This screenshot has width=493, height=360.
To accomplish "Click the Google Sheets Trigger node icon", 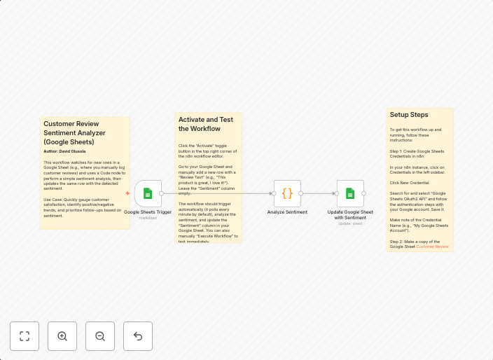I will coord(148,193).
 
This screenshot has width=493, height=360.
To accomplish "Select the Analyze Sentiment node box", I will coord(287,193).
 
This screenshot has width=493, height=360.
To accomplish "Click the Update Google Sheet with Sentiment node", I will coord(350,193).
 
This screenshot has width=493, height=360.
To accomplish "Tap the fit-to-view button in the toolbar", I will coord(25,336).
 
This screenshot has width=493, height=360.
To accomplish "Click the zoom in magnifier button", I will coord(62,336).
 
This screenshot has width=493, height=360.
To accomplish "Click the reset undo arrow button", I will coord(138,336).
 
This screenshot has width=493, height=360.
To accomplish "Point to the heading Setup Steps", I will coord(409,115).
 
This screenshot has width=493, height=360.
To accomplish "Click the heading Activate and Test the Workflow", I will coord(206,124).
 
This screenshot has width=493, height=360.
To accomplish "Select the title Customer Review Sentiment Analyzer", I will coord(75,132).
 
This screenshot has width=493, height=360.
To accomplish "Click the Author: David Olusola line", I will coord(64,151).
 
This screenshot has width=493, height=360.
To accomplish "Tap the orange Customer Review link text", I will coord(432,247).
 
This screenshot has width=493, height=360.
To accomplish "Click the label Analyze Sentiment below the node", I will coord(287,212).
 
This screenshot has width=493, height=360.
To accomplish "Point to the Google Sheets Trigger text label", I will coord(148,212).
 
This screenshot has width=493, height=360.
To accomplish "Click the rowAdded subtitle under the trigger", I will coord(148,218).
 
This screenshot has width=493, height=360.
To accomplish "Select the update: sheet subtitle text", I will coord(350,223).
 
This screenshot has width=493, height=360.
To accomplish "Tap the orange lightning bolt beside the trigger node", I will coord(127,193).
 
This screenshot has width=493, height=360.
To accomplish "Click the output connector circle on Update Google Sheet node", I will coord(364,193).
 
